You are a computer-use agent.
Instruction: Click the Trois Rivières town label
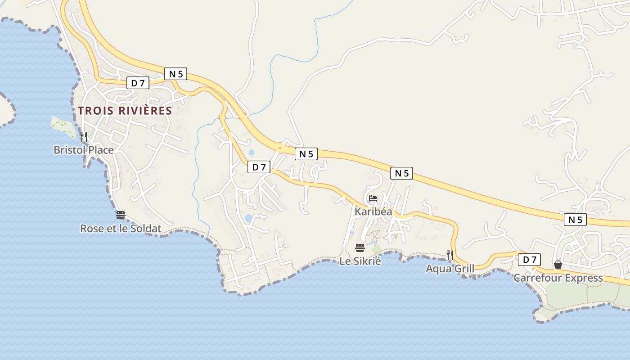point(125,111)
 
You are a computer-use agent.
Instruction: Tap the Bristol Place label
point(83,150)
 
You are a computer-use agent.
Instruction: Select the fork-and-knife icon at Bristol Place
point(83,136)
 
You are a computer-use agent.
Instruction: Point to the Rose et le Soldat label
point(121,229)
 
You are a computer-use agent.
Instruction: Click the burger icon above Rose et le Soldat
point(120,215)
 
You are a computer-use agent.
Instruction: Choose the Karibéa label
point(373,211)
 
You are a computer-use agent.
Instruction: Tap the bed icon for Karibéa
point(373,198)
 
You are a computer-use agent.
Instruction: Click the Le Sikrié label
point(360,261)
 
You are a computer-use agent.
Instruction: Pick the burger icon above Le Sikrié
point(360,247)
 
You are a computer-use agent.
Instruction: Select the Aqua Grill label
point(450,269)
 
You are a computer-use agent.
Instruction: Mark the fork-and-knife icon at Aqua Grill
point(450,255)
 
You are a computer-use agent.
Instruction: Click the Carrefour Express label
point(558,278)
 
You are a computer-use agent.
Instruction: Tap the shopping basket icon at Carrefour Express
point(558,265)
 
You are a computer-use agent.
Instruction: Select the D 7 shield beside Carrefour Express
point(530,260)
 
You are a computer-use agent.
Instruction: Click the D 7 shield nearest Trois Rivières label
point(138,83)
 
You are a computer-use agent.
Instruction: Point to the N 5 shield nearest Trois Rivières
point(175,74)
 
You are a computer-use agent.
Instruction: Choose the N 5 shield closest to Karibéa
point(402,173)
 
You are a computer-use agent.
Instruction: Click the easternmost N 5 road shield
point(575,220)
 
